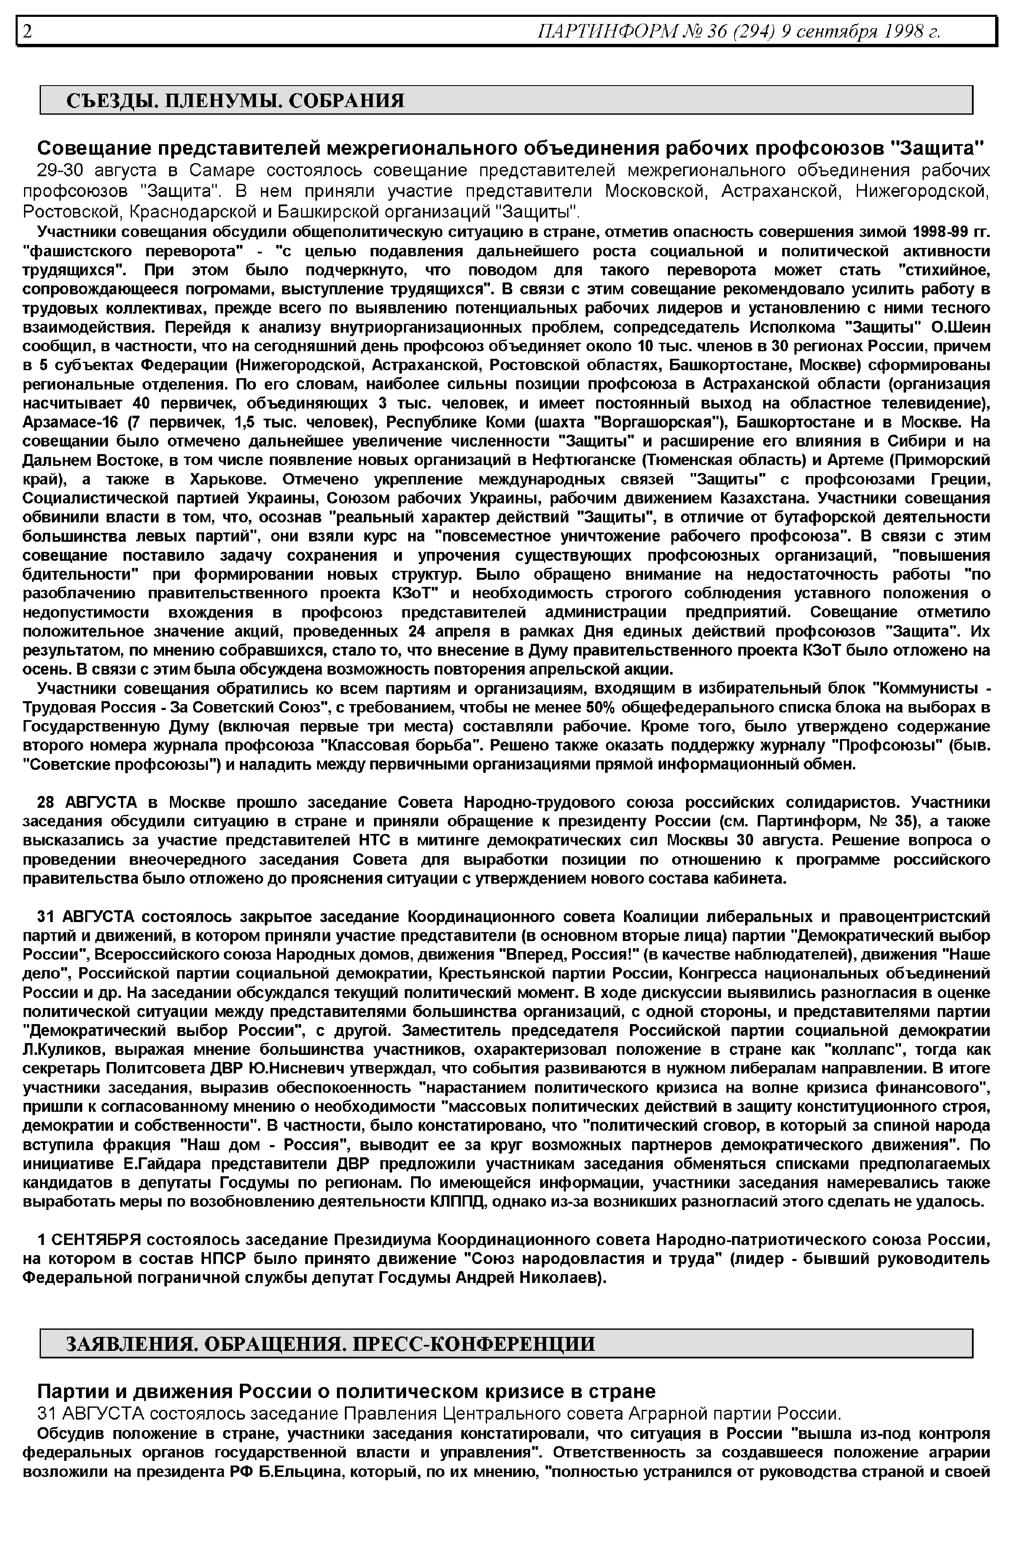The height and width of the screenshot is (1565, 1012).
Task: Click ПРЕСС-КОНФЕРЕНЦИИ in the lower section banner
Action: coord(474,1344)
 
